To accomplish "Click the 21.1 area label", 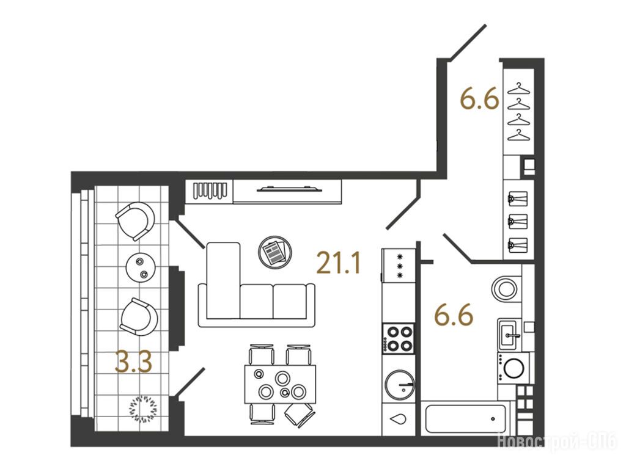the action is click(x=339, y=263).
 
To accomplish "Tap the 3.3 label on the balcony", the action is click(x=133, y=362).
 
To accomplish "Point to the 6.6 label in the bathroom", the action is click(x=454, y=314).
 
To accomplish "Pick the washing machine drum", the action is click(x=514, y=368).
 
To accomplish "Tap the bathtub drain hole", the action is click(x=493, y=419).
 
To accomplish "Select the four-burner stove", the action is click(x=398, y=338).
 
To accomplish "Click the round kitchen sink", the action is click(x=399, y=385).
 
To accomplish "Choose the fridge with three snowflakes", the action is click(x=399, y=266).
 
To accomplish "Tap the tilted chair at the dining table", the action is click(x=299, y=415).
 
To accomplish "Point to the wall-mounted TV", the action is click(x=289, y=189).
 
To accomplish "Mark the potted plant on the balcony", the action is click(x=143, y=408).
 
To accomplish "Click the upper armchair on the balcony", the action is click(x=135, y=220).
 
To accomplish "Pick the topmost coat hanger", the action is click(x=518, y=89).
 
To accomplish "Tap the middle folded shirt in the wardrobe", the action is click(x=518, y=222).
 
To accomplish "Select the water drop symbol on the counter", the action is click(x=399, y=419).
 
